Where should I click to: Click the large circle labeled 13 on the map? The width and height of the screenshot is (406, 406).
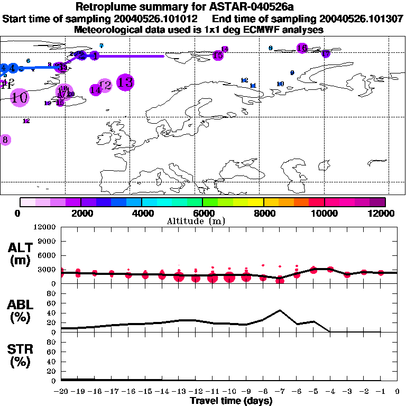(125, 82)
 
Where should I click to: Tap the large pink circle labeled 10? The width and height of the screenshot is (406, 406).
(20, 97)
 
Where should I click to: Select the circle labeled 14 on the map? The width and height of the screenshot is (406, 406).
(96, 90)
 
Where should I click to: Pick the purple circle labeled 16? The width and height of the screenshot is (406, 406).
(302, 48)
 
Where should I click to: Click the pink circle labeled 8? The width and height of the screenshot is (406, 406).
(5, 140)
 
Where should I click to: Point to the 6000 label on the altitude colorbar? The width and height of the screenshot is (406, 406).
(202, 213)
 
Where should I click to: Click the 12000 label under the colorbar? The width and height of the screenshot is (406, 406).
(384, 213)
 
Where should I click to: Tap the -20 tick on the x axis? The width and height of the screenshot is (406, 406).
(61, 391)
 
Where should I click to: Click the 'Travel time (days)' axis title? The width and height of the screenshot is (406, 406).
(231, 401)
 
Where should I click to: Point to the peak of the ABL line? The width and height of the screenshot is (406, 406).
(280, 310)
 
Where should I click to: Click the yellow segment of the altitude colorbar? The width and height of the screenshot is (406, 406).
(256, 201)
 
